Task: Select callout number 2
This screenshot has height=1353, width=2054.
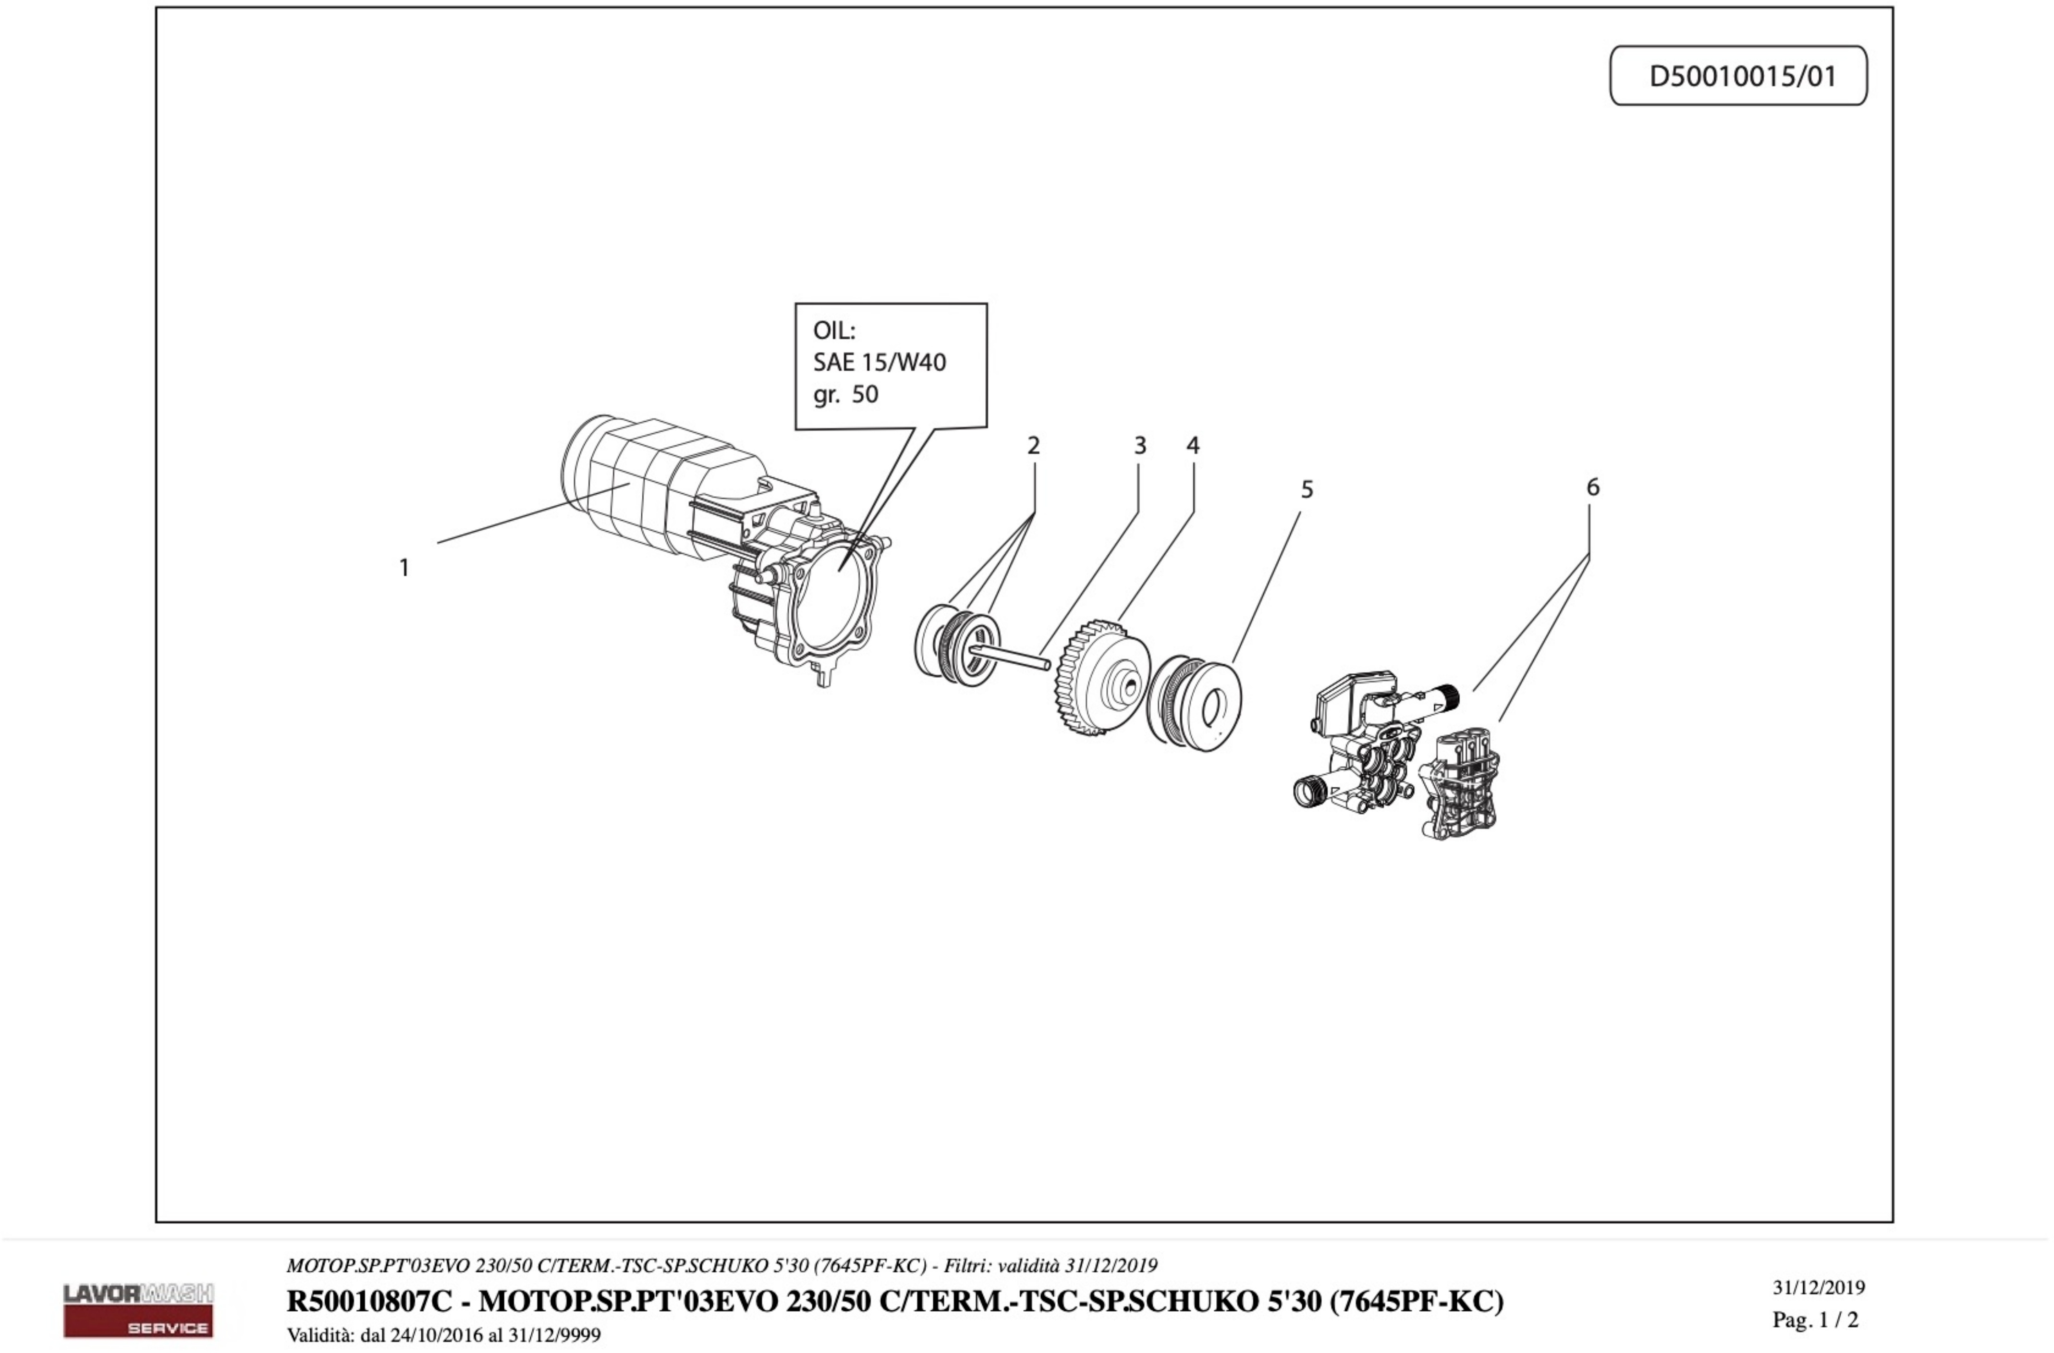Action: (1033, 446)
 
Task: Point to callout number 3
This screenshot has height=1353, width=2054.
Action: (1140, 446)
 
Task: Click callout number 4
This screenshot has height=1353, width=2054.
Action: (1193, 446)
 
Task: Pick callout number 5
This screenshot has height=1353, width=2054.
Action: (1307, 490)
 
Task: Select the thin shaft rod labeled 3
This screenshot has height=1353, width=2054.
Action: (1010, 656)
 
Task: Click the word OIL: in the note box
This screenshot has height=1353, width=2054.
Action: (834, 330)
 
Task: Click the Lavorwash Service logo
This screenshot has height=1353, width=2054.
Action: (138, 1309)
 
